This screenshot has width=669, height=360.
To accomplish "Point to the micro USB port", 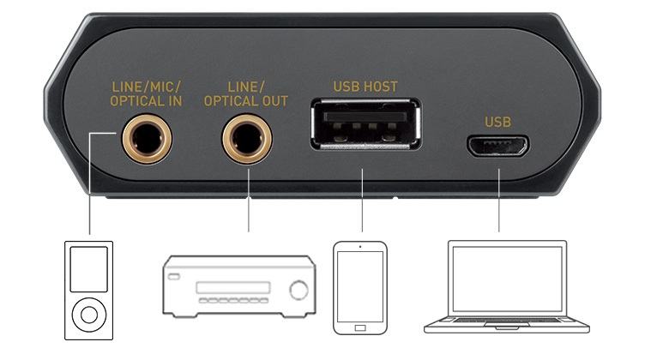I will (x=497, y=146).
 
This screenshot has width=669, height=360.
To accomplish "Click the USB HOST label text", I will (x=365, y=87).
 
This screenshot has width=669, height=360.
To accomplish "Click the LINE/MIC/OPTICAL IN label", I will (x=146, y=93).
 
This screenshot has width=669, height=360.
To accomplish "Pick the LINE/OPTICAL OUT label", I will (x=247, y=93).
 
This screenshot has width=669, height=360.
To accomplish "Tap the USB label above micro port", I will (x=497, y=122).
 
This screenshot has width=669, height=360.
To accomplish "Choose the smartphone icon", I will (x=360, y=286).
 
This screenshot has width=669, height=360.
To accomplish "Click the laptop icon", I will (x=507, y=286).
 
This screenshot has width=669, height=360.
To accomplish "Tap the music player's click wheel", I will (x=89, y=315).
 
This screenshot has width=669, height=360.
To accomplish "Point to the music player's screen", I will (x=89, y=268).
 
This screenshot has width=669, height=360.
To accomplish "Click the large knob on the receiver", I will (x=298, y=290).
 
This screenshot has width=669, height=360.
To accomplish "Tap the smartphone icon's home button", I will (x=360, y=327).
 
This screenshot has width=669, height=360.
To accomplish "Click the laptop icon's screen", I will (x=507, y=279).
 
